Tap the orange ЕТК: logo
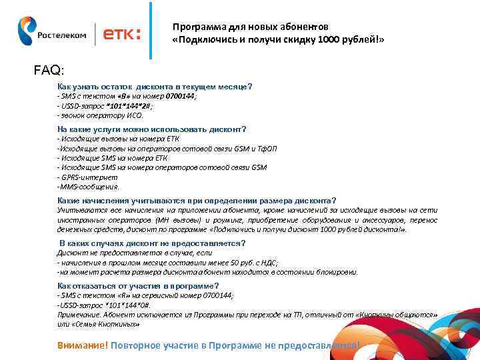click(x=119, y=35)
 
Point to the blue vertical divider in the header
click(x=151, y=31)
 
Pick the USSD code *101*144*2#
click(x=126, y=105)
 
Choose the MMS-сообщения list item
click(x=88, y=187)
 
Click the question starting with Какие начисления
click(x=197, y=200)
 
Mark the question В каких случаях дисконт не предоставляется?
click(x=152, y=243)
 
